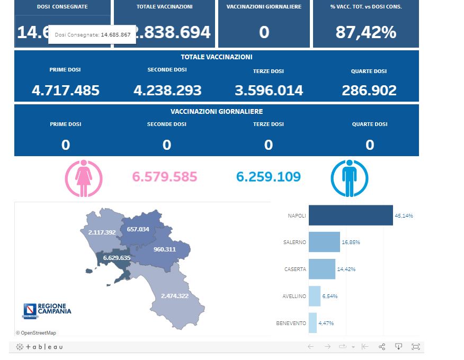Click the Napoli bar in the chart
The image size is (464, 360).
click(x=351, y=215)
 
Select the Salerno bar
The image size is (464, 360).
click(x=324, y=242)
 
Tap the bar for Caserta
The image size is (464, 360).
click(x=322, y=269)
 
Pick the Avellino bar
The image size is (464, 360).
click(x=315, y=296)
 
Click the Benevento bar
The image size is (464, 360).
click(x=313, y=323)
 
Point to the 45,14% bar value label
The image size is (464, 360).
click(x=404, y=216)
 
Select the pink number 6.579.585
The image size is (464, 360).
click(x=165, y=177)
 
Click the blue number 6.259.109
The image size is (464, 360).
click(x=269, y=177)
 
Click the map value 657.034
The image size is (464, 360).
click(x=138, y=229)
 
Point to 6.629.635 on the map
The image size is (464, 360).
click(x=117, y=258)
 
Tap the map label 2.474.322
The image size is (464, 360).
click(x=175, y=295)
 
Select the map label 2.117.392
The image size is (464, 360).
click(x=102, y=232)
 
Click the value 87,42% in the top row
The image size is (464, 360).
click(x=366, y=32)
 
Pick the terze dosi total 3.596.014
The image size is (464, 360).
click(x=269, y=91)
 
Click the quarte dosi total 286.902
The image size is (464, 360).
click(x=369, y=91)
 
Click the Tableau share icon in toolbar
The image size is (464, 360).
click(x=382, y=347)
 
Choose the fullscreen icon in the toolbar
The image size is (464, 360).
click(x=416, y=347)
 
